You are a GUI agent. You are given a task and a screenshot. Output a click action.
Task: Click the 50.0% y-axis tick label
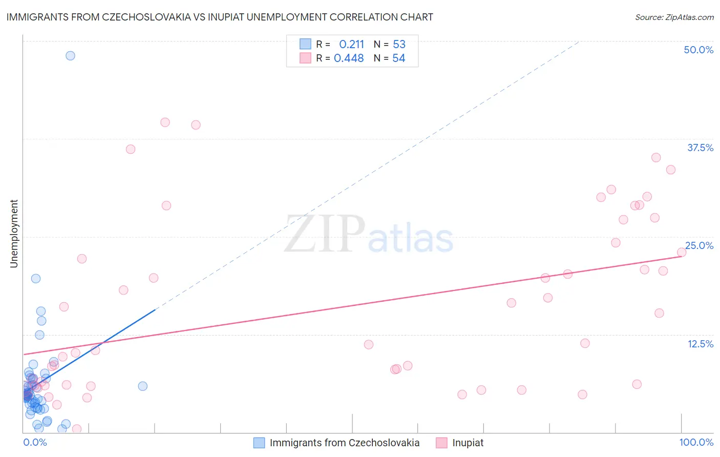698,50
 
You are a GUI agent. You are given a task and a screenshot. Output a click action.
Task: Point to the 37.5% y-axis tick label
700,148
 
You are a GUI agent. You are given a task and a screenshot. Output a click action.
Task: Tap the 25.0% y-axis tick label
700,245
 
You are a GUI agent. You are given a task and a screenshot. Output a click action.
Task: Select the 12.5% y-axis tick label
700,344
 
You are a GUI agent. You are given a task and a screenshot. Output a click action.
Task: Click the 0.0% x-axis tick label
35,442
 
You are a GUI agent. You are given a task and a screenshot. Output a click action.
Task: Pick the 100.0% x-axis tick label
696,442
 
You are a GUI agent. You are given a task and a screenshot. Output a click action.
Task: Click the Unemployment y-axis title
14,234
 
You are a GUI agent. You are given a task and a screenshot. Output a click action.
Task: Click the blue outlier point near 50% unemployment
70,56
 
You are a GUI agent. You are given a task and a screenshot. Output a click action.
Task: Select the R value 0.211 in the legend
351,44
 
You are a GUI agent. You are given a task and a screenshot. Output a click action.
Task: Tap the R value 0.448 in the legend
349,58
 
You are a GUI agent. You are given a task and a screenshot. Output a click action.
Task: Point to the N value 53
399,44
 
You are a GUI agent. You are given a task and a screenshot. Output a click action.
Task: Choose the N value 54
399,58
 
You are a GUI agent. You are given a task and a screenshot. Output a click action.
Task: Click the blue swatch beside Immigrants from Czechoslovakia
259,443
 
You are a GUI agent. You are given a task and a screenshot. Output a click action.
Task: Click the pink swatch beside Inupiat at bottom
441,443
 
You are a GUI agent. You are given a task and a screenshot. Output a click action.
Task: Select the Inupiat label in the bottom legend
468,443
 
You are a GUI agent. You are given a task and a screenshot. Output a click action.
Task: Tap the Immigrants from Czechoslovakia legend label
344,443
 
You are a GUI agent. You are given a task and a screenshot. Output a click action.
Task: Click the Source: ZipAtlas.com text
674,17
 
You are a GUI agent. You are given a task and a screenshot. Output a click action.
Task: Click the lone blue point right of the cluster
143,386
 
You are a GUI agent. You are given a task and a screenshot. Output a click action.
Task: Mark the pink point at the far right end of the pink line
682,252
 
